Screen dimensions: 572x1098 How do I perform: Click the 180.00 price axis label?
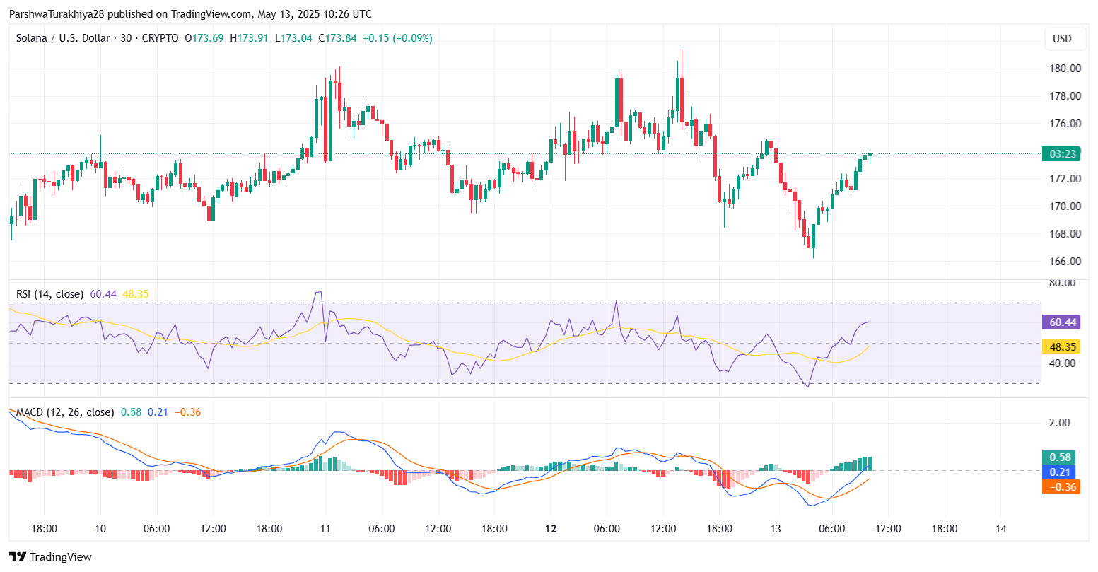coord(1065,69)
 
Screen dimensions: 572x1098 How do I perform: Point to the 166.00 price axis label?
coord(1065,262)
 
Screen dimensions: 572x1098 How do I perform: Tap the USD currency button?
coord(1062,39)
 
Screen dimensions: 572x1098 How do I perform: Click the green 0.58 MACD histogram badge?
coord(1061,457)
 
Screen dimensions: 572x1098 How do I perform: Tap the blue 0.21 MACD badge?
coord(1061,472)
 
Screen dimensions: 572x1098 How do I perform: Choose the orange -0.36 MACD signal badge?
coord(1061,487)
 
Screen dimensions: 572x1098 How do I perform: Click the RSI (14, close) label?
coord(49,294)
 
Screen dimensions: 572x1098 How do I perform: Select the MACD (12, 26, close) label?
coord(65,412)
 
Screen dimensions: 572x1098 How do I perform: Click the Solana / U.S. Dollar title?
coord(62,38)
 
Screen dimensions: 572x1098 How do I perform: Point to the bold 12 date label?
coord(551,529)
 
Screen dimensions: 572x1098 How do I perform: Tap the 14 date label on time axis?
coord(1000,529)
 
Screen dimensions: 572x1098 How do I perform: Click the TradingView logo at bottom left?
coord(50,557)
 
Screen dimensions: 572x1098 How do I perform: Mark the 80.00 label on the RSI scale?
coord(1063,283)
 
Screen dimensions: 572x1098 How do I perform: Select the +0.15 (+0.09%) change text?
coord(397,38)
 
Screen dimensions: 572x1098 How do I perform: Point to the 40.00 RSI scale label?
coord(1063,363)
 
